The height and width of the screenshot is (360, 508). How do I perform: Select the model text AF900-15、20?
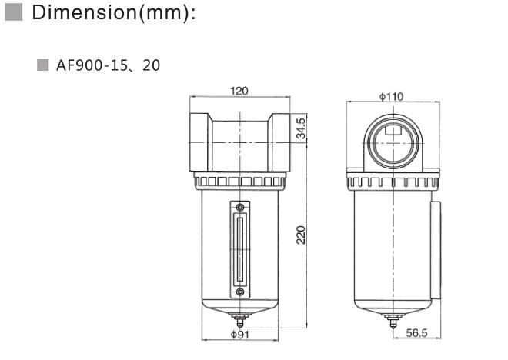108,65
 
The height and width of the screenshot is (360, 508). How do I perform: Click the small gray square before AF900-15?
43,65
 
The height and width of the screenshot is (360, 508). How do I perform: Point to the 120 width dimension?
239,92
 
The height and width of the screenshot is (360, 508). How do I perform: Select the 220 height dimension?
302,235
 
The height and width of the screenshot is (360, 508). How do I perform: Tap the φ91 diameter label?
239,335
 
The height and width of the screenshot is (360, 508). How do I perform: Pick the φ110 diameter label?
393,96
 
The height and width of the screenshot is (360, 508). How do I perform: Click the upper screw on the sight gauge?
241,208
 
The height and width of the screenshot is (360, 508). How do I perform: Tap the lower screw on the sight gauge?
241,292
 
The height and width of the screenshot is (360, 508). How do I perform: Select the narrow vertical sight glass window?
241,250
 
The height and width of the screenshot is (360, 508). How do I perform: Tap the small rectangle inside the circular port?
393,130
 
